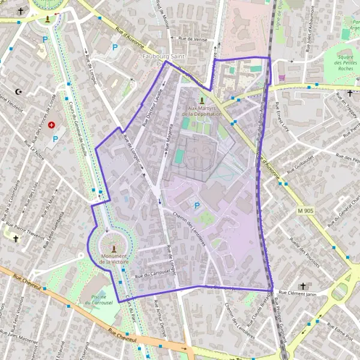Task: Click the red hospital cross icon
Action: (x=52, y=125)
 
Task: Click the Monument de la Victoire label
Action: (x=113, y=259)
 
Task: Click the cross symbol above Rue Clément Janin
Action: (x=303, y=286)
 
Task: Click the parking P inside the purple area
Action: (x=197, y=206)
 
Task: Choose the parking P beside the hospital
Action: (x=55, y=139)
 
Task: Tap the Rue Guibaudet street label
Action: (x=293, y=170)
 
